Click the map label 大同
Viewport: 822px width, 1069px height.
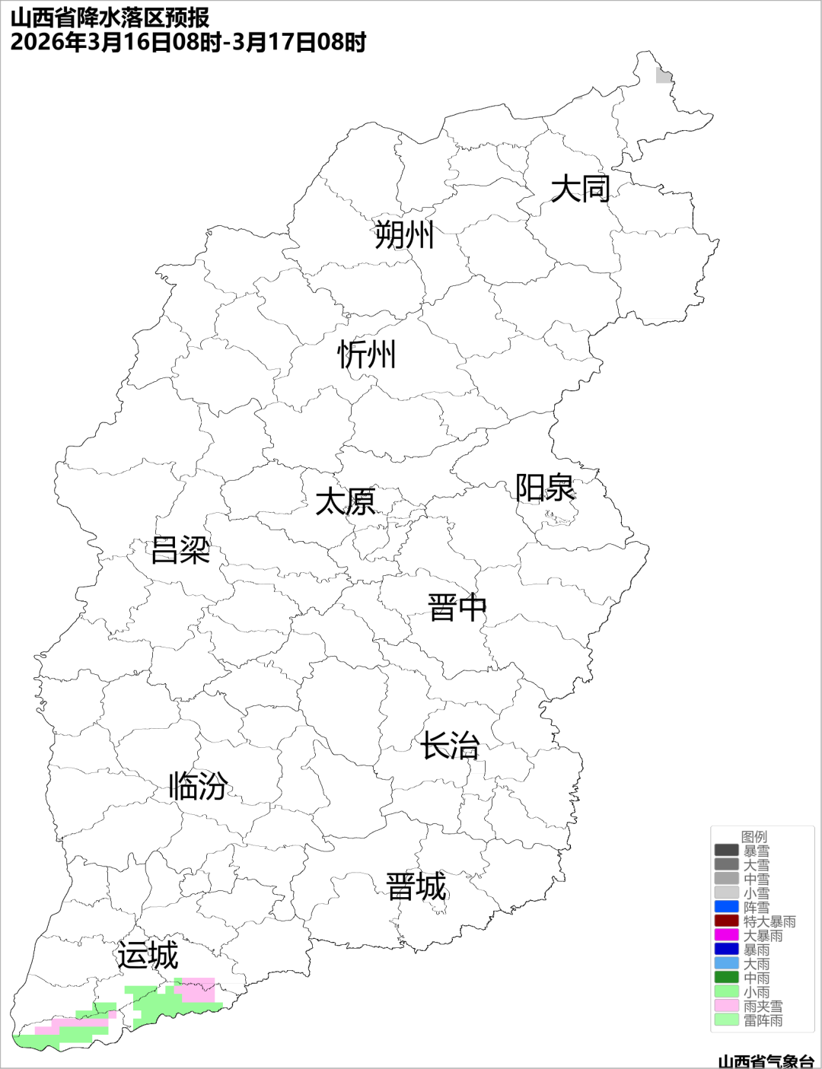click(x=580, y=188)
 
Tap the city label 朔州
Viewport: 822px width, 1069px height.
click(x=403, y=234)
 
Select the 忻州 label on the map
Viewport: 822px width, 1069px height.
click(x=367, y=355)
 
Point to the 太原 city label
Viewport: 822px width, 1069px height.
click(x=346, y=502)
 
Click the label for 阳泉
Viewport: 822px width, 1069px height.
click(x=545, y=488)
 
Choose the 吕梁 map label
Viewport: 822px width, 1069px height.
click(x=180, y=550)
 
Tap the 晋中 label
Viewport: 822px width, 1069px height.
click(x=457, y=608)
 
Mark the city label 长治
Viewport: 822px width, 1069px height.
click(x=451, y=746)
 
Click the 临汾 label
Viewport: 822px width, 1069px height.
click(x=198, y=785)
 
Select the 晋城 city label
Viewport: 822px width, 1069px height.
click(x=416, y=887)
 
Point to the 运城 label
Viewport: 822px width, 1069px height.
click(x=148, y=956)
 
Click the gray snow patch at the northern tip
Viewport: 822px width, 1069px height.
click(x=664, y=75)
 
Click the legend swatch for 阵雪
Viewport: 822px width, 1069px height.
click(x=726, y=907)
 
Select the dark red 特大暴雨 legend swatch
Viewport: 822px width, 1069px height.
click(x=726, y=921)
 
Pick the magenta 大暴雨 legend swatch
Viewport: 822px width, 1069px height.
click(x=726, y=935)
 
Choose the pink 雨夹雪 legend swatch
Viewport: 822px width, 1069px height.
click(x=726, y=1006)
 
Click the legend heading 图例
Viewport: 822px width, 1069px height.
click(x=754, y=837)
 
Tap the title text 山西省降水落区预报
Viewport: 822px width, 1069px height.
click(x=110, y=17)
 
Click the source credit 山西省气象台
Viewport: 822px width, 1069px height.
click(x=766, y=1061)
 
